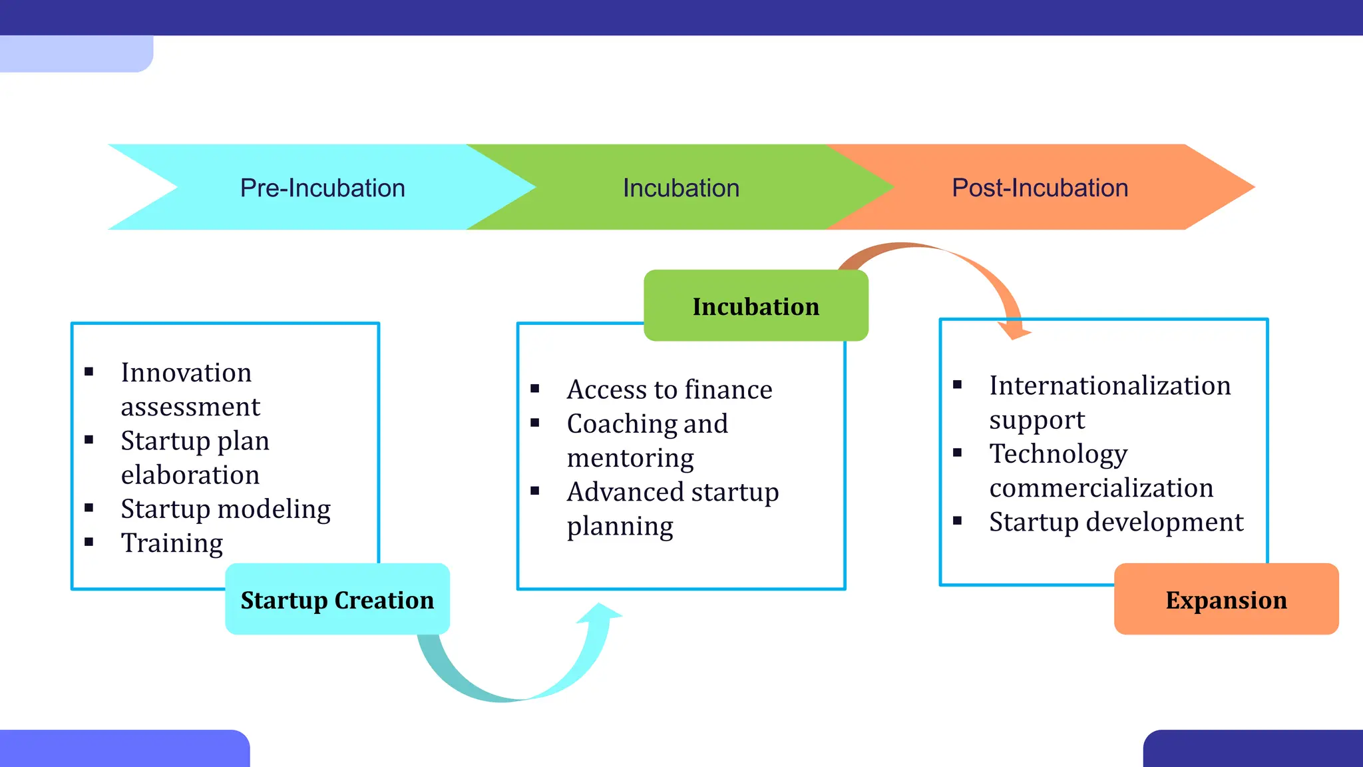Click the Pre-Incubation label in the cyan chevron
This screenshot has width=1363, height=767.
(322, 188)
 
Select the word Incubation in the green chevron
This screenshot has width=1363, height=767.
(681, 188)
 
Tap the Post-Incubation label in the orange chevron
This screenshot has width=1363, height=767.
(1040, 188)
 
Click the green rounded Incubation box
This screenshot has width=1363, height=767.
(755, 306)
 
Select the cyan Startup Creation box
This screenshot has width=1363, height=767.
(337, 600)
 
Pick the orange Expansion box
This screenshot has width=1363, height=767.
(1226, 600)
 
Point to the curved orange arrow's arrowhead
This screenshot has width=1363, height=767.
(1014, 329)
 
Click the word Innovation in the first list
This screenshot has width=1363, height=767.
(186, 373)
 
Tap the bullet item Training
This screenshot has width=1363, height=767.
(172, 543)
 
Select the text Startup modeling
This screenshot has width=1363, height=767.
(226, 509)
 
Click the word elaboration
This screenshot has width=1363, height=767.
(190, 475)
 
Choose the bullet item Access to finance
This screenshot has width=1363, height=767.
(670, 390)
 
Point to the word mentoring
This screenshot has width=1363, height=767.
(630, 458)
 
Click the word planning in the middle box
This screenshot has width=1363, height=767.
(620, 527)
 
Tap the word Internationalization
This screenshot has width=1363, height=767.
(1110, 386)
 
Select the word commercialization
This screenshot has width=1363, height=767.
(1101, 488)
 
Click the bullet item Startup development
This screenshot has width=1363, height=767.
(1116, 522)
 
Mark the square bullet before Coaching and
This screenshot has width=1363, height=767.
(535, 423)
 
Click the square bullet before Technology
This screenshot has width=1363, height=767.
(958, 453)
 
